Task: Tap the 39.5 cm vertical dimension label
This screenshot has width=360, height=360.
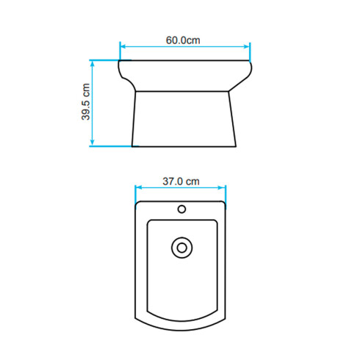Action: [x=85, y=102]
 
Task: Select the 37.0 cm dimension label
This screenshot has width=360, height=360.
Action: [x=181, y=181]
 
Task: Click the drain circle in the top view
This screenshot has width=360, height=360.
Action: [x=180, y=247]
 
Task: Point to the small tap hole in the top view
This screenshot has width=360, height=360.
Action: [x=181, y=209]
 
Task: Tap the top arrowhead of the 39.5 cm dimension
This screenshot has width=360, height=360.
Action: [x=93, y=64]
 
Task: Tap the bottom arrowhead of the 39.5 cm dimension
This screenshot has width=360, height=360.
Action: [x=93, y=143]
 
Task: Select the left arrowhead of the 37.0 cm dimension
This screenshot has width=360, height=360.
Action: [x=139, y=190]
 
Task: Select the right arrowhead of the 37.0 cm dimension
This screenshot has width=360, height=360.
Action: [x=223, y=190]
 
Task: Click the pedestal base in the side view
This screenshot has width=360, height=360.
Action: [x=184, y=118]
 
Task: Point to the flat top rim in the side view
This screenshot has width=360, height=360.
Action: [x=184, y=61]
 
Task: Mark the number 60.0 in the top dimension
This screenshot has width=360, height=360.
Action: [x=176, y=40]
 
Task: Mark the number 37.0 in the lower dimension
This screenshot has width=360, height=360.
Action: [x=173, y=181]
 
